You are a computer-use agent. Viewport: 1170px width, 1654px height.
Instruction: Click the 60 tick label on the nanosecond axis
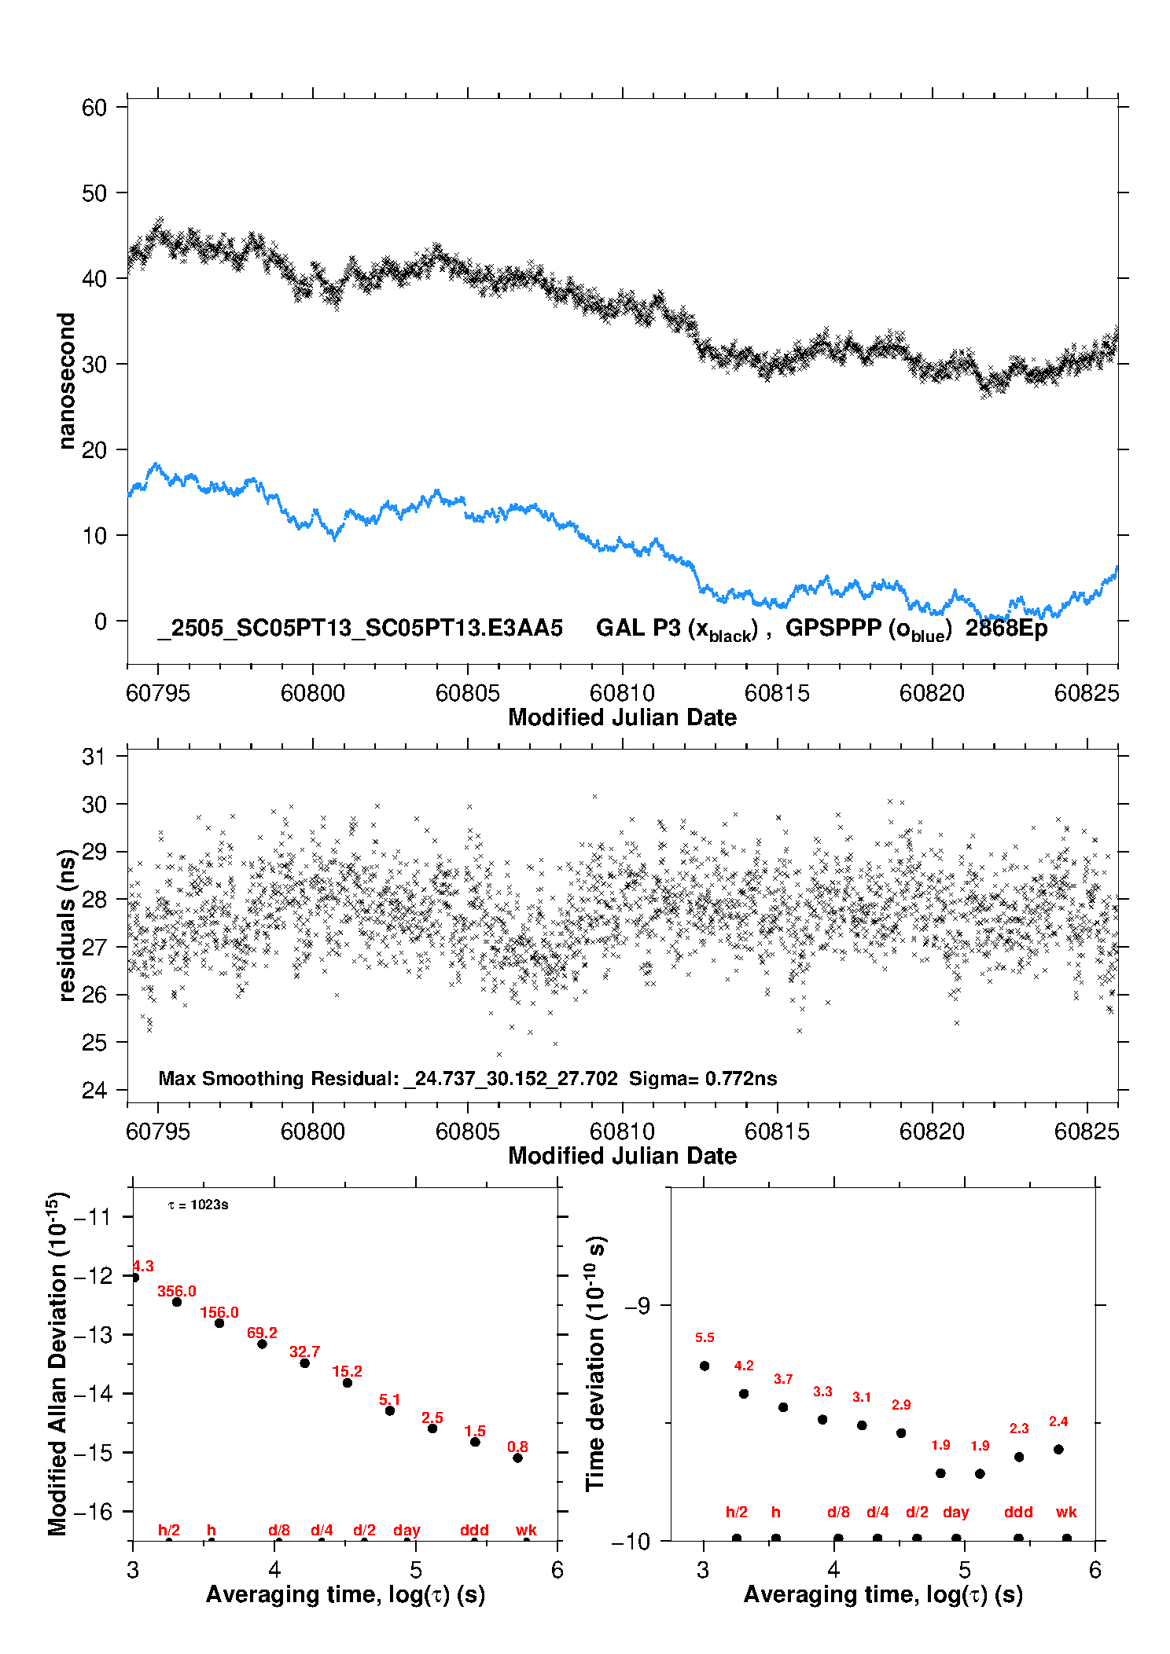(94, 108)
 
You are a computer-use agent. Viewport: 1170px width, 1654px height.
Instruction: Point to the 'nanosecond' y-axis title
(66, 381)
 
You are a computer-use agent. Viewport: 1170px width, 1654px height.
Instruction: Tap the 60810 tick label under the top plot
(622, 693)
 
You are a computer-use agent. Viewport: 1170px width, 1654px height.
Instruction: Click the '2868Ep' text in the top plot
(1006, 628)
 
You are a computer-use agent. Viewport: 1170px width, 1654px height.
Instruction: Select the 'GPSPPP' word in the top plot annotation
(833, 628)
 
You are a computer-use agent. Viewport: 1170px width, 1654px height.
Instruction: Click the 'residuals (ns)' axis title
(67, 926)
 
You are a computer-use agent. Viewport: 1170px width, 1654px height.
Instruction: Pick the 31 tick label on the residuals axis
(94, 757)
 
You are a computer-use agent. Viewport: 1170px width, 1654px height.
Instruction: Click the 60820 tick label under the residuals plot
(932, 1131)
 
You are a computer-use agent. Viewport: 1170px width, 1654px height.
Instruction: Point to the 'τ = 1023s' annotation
(198, 1205)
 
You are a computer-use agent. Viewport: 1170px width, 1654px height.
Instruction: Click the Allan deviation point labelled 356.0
(177, 1302)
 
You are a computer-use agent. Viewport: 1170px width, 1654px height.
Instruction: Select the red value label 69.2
(262, 1333)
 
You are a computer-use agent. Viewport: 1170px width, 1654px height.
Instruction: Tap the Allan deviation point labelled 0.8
(517, 1458)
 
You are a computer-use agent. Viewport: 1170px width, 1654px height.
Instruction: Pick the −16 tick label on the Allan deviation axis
(93, 1511)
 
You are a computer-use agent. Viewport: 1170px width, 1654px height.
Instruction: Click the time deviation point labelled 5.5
(705, 1366)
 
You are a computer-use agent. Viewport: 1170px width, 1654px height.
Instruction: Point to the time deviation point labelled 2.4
(1058, 1449)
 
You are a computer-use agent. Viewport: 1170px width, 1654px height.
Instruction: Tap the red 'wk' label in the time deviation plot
(1066, 1512)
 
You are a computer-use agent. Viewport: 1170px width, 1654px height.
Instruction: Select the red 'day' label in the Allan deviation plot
(407, 1530)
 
